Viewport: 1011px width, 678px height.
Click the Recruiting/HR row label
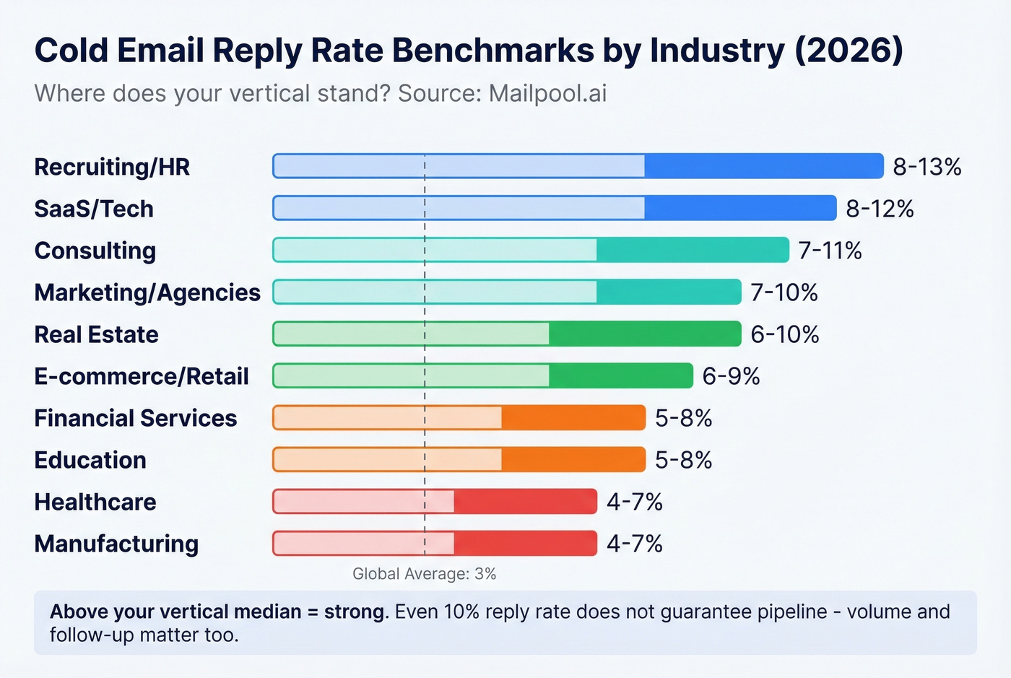click(x=112, y=167)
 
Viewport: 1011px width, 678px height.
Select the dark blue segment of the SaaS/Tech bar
click(x=740, y=208)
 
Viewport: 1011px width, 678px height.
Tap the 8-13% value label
click(x=927, y=167)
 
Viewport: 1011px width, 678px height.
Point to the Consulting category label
click(x=95, y=251)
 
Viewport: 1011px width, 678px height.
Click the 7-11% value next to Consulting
click(x=830, y=251)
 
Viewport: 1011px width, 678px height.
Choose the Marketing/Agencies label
click(x=147, y=292)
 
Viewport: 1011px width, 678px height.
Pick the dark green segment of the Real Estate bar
click(x=645, y=334)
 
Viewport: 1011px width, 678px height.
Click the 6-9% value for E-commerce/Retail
click(x=731, y=376)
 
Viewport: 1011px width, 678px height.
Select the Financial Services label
click(x=136, y=418)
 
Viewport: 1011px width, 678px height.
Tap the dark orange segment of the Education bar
click(x=573, y=459)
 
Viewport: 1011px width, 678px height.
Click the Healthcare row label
click(x=95, y=502)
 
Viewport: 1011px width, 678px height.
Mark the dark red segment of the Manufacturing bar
click(x=525, y=543)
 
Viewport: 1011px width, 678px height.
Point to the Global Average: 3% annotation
click(x=424, y=574)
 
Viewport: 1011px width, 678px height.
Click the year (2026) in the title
click(x=849, y=51)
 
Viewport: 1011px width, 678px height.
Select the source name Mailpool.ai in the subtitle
click(x=547, y=93)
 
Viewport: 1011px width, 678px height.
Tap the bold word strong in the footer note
click(x=354, y=612)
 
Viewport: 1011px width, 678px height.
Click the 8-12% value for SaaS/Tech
click(x=880, y=209)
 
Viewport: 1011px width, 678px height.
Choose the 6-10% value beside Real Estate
click(x=784, y=334)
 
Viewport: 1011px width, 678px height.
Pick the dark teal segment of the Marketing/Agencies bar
click(x=669, y=292)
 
